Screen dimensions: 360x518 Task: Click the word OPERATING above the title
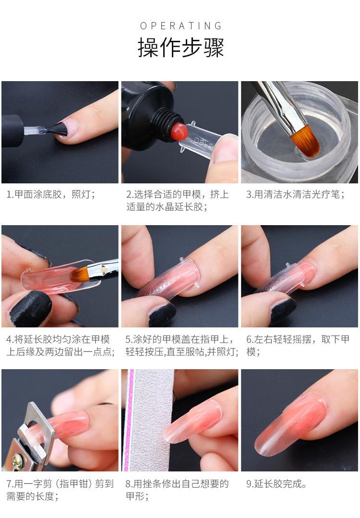click(180, 25)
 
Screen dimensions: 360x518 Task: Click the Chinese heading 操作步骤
click(180, 47)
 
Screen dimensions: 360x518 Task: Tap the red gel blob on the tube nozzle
click(180, 131)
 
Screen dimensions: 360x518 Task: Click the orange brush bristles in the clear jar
click(305, 140)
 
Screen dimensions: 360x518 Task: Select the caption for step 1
click(51, 194)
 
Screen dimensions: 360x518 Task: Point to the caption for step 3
click(296, 194)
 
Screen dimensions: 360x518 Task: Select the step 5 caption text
click(181, 345)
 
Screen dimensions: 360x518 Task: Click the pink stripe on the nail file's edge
click(127, 420)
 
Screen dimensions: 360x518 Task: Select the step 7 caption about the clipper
click(60, 490)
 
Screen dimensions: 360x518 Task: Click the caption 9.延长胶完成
click(276, 483)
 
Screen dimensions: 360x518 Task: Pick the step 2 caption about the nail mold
click(177, 200)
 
